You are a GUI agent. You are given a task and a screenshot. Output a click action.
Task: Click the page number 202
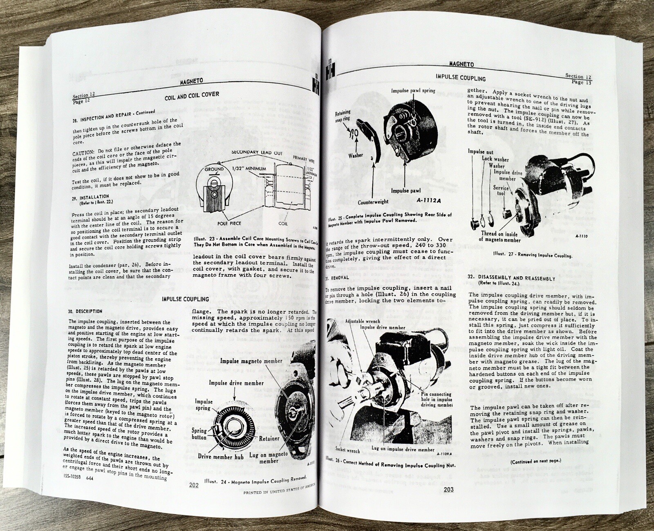194,485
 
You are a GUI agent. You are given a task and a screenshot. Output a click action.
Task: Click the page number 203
448,489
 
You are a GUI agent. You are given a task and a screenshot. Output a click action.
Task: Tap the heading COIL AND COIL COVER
192,96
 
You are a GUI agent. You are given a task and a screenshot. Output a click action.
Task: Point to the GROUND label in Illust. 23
214,169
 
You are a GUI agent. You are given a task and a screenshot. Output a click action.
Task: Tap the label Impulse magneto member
251,361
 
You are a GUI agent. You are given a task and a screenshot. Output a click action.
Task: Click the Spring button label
199,434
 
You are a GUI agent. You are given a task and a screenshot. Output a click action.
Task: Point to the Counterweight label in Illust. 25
373,202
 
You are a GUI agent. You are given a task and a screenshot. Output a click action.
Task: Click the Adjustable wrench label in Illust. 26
362,321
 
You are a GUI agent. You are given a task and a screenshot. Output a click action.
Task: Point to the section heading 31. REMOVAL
337,278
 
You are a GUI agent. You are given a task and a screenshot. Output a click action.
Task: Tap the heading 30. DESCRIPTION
85,311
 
